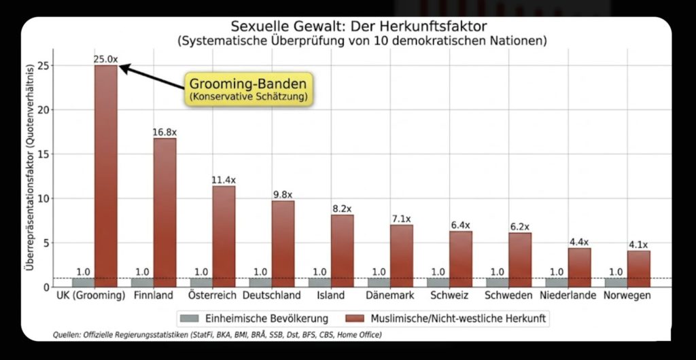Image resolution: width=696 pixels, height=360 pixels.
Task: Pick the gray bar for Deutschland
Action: point(260,282)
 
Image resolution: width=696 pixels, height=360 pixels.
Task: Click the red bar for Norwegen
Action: point(638,268)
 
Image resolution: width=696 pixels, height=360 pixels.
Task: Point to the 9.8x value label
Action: point(283,194)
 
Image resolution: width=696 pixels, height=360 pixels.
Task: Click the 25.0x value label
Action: point(105,60)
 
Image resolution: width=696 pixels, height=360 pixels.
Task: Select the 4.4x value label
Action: point(579,242)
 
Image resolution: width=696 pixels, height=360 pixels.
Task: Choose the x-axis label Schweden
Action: point(508,296)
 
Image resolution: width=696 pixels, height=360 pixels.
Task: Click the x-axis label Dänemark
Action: point(390,296)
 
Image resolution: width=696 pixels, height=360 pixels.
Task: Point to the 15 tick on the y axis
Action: point(45,154)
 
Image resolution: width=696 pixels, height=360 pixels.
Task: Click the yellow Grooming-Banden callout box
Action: point(247,89)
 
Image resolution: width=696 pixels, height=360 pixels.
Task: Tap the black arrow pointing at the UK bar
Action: point(153,77)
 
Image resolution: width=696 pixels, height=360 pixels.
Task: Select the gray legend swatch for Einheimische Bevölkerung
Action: point(188,318)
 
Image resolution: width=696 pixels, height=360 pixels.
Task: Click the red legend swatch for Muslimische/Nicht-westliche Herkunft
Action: point(354,318)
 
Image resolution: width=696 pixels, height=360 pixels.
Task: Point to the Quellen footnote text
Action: point(217,335)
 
